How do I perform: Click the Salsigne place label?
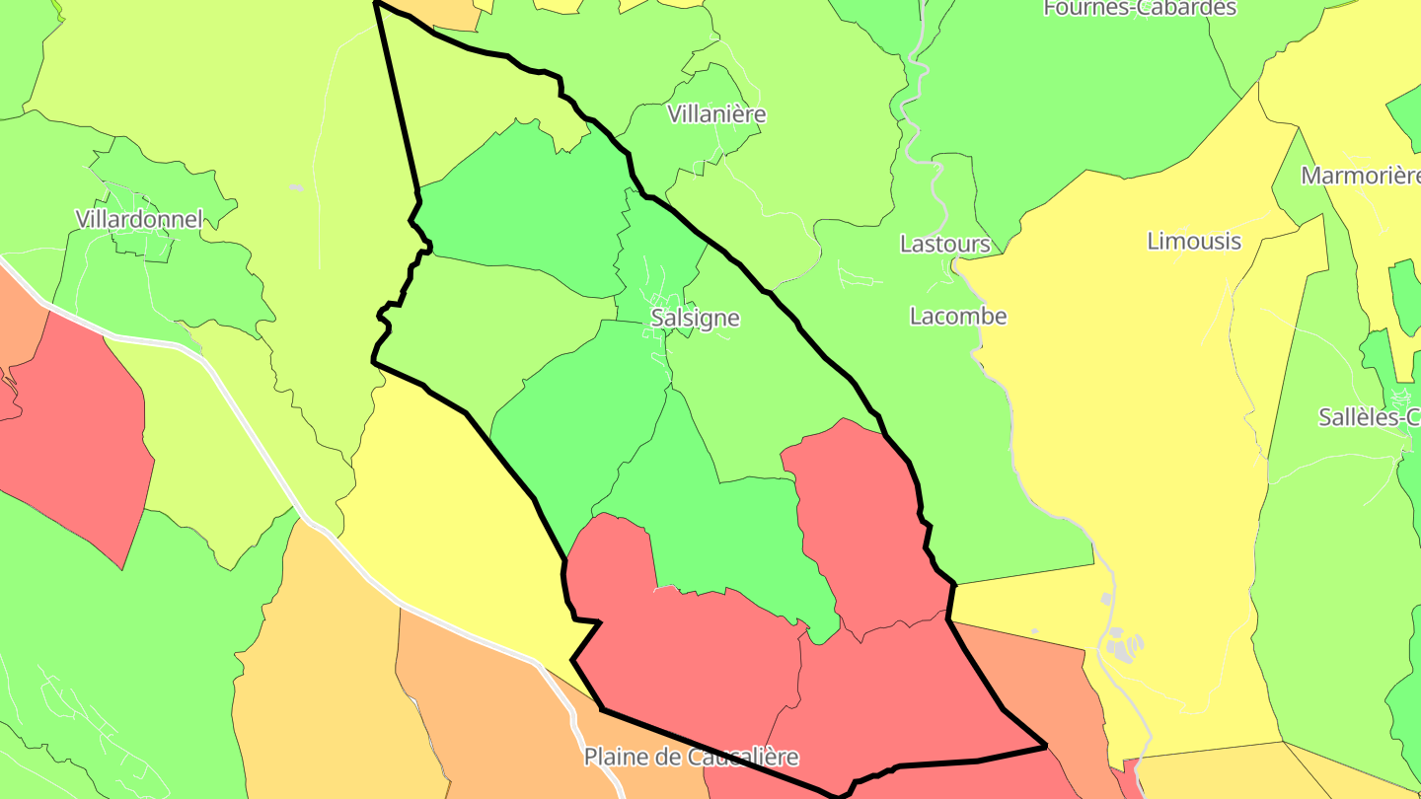pyautogui.click(x=695, y=319)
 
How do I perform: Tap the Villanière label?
pyautogui.click(x=716, y=114)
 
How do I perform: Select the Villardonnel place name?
pyautogui.click(x=139, y=219)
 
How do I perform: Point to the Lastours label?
pyautogui.click(x=945, y=244)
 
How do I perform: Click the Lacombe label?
pyautogui.click(x=958, y=317)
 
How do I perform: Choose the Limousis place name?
pyautogui.click(x=1194, y=242)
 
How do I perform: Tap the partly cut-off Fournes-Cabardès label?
pyautogui.click(x=1140, y=8)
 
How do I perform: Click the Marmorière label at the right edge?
pyautogui.click(x=1361, y=177)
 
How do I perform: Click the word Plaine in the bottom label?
pyautogui.click(x=620, y=758)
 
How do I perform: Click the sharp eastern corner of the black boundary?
pyautogui.click(x=1044, y=746)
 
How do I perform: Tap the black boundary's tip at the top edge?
pyautogui.click(x=376, y=3)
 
